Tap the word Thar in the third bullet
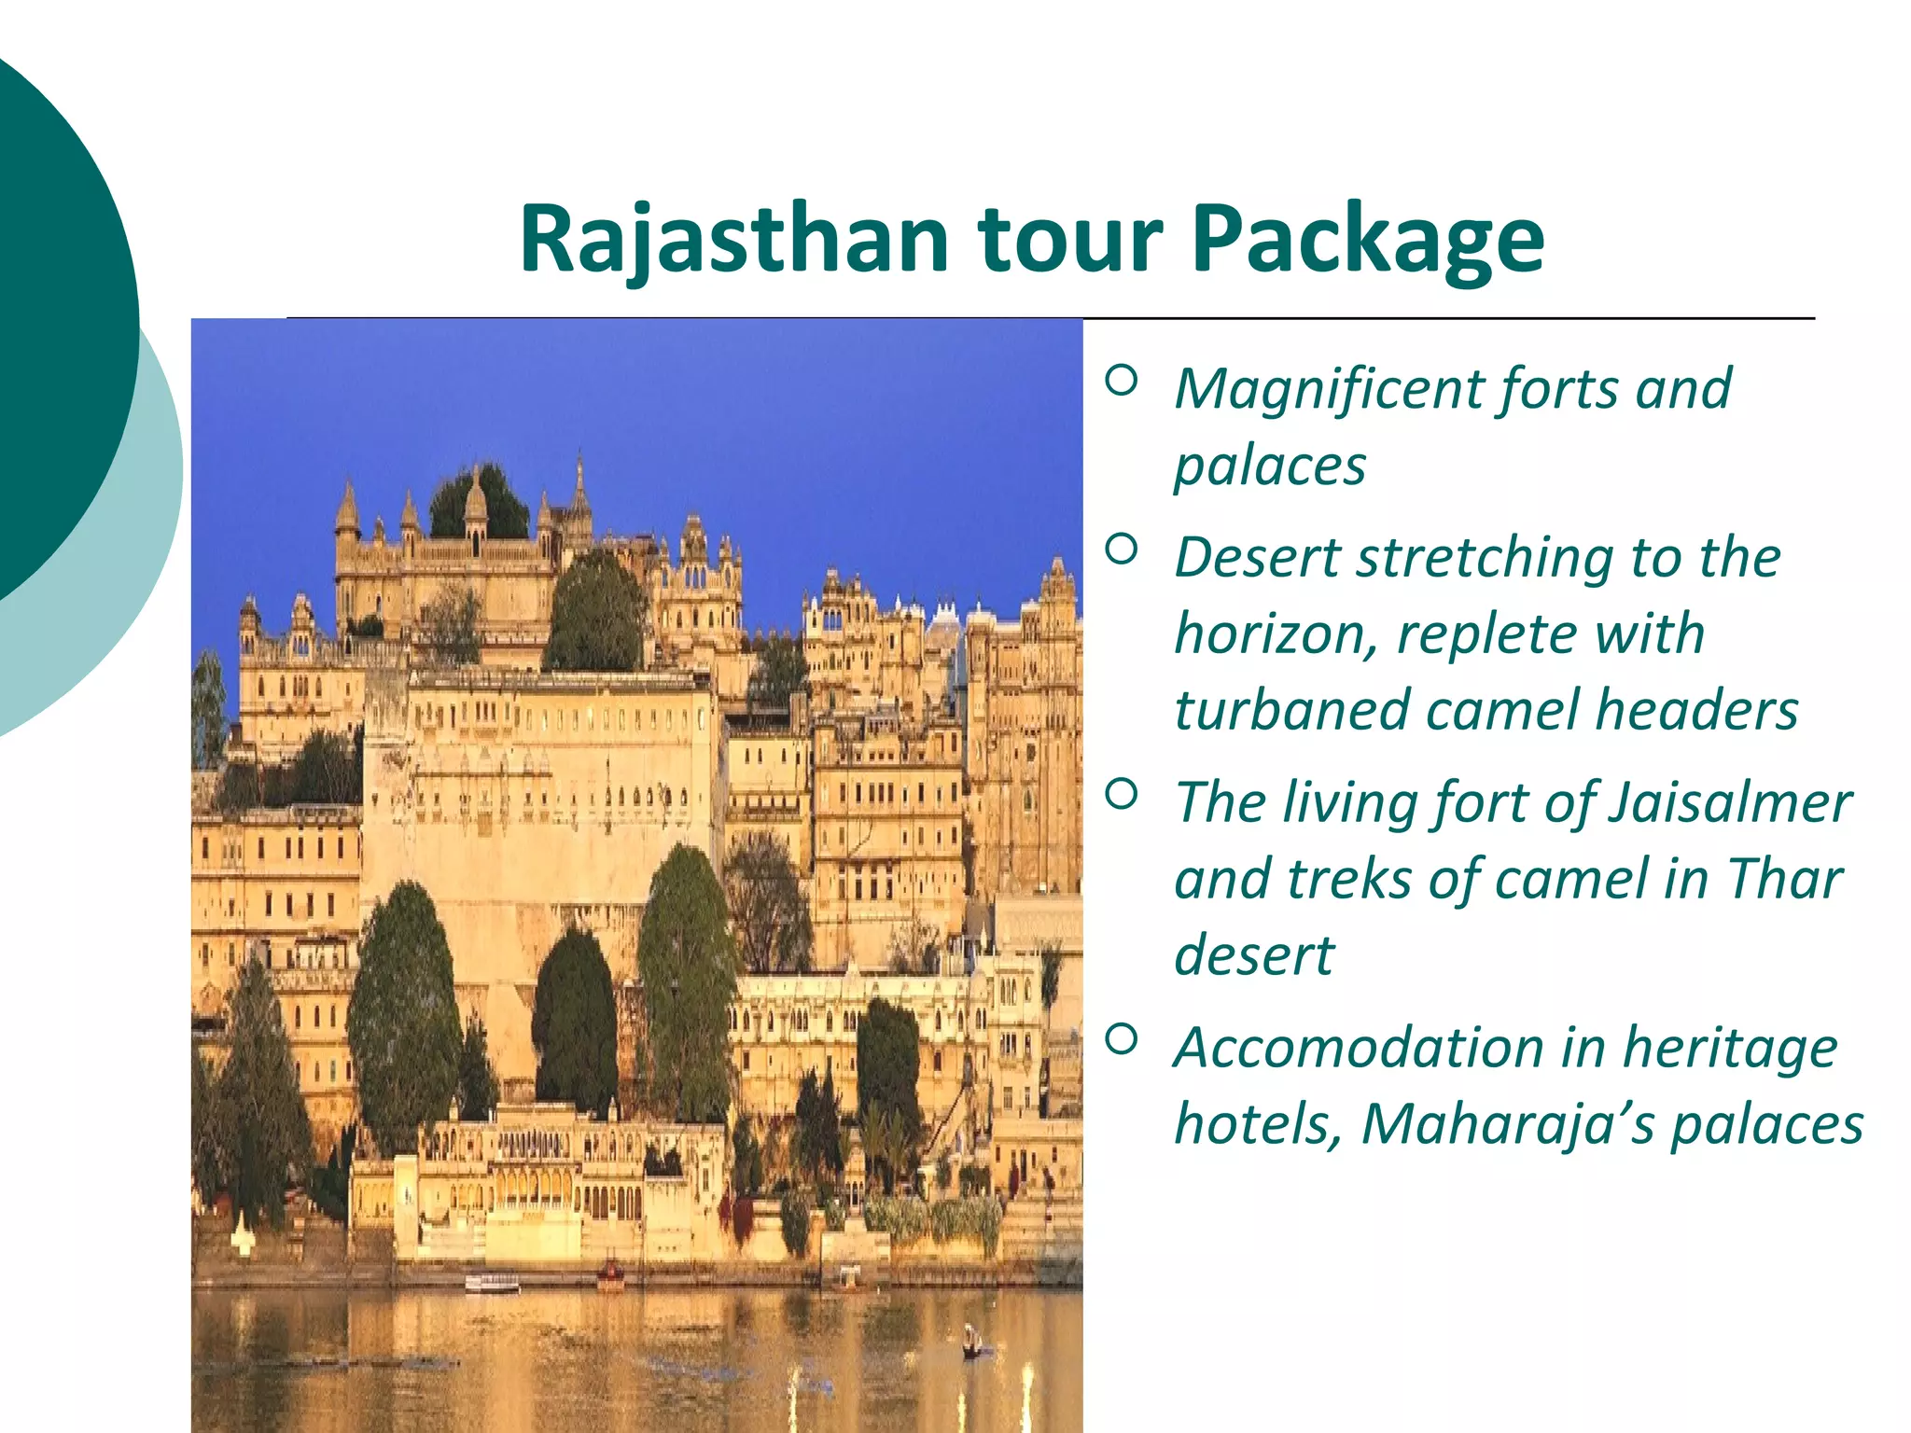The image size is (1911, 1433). tap(1784, 879)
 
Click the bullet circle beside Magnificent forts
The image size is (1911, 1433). tap(1122, 380)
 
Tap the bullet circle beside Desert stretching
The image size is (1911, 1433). tap(1122, 550)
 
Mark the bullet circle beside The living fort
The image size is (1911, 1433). tap(1122, 794)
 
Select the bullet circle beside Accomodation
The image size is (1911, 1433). tap(1122, 1038)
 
